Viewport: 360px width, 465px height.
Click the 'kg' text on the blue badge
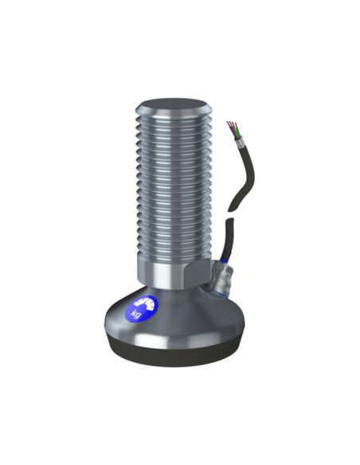pyautogui.click(x=136, y=314)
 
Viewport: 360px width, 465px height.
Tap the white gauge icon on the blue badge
pyautogui.click(x=144, y=303)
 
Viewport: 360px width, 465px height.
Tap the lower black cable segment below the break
pyautogui.click(x=228, y=237)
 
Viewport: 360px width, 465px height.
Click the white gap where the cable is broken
pyautogui.click(x=229, y=215)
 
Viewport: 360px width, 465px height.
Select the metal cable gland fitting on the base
pyautogui.click(x=221, y=278)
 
